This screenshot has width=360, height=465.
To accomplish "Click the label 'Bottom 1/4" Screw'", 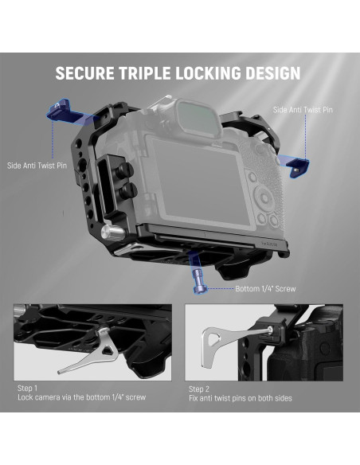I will (x=264, y=288).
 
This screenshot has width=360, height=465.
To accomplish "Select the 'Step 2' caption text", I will (x=200, y=388).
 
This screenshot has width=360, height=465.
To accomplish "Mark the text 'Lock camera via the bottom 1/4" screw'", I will (x=81, y=397).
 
